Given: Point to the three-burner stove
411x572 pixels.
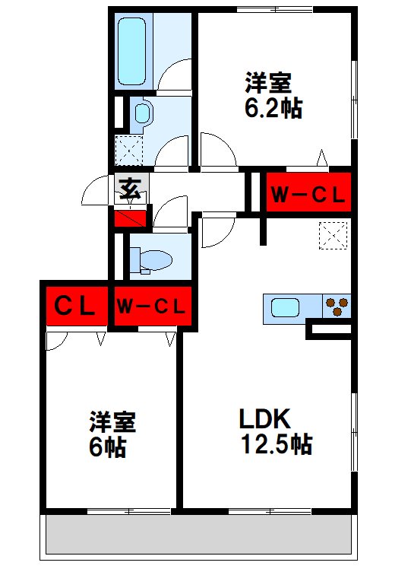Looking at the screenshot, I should tap(338, 307).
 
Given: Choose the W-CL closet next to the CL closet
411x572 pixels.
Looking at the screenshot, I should tap(151, 307).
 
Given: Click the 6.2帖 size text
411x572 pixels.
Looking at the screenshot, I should tap(272, 108).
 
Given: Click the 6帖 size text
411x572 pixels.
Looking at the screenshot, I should tap(106, 447).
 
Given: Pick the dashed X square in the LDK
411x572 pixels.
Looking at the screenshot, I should tap(334, 236).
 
